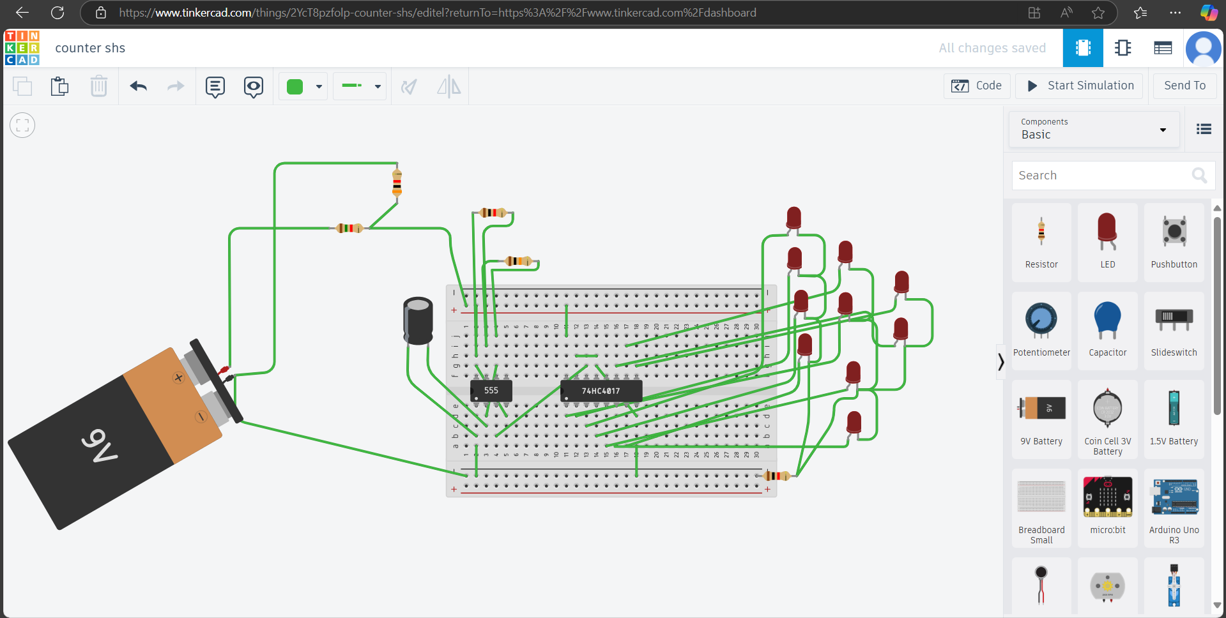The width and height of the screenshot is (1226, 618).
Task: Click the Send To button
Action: pyautogui.click(x=1184, y=86)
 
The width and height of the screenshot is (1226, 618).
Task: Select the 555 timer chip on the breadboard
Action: pyautogui.click(x=491, y=390)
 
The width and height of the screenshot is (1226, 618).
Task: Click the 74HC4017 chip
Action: pyautogui.click(x=601, y=391)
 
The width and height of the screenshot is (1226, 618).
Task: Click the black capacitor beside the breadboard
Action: pyautogui.click(x=418, y=321)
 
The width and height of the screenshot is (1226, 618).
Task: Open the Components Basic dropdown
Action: pyautogui.click(x=1093, y=129)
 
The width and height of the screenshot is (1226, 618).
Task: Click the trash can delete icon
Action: pyautogui.click(x=98, y=86)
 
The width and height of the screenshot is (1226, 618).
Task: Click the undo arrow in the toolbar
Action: pyautogui.click(x=138, y=86)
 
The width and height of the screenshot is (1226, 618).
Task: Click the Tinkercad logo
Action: pyautogui.click(x=22, y=48)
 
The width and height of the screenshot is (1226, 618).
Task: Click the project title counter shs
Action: pyautogui.click(x=90, y=49)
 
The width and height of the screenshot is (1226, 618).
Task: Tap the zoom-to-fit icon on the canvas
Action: pyautogui.click(x=22, y=125)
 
